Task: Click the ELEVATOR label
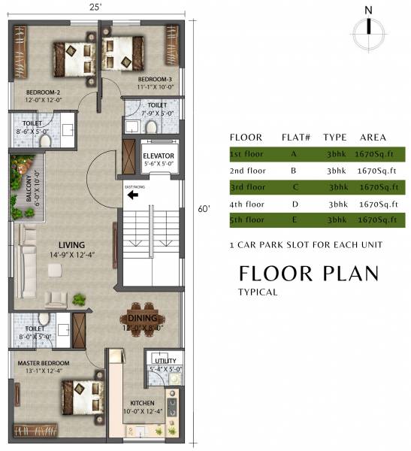tap(159, 156)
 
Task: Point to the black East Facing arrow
tap(133, 195)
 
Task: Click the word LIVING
tap(72, 245)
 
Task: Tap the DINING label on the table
tap(142, 319)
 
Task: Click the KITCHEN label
tap(142, 403)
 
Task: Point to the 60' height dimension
tap(202, 208)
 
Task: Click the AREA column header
tap(373, 138)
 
